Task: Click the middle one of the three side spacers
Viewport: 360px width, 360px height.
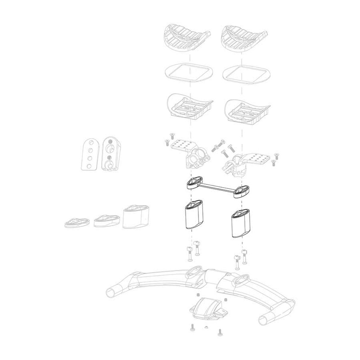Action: (x=103, y=220)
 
